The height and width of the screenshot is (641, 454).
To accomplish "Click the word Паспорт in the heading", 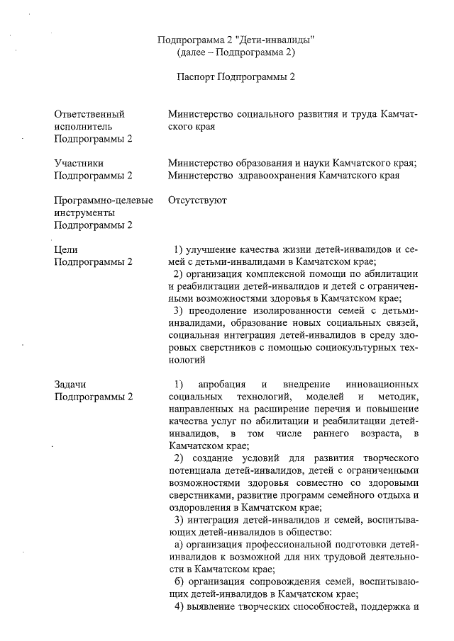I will (195, 76).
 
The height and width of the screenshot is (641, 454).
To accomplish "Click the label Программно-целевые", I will (104, 200).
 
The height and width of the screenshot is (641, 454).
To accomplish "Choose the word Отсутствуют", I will (198, 200).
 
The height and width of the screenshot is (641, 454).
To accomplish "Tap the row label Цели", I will (66, 249).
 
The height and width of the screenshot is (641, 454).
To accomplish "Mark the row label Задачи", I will (71, 384).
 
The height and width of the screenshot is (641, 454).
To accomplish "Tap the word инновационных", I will (384, 384).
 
